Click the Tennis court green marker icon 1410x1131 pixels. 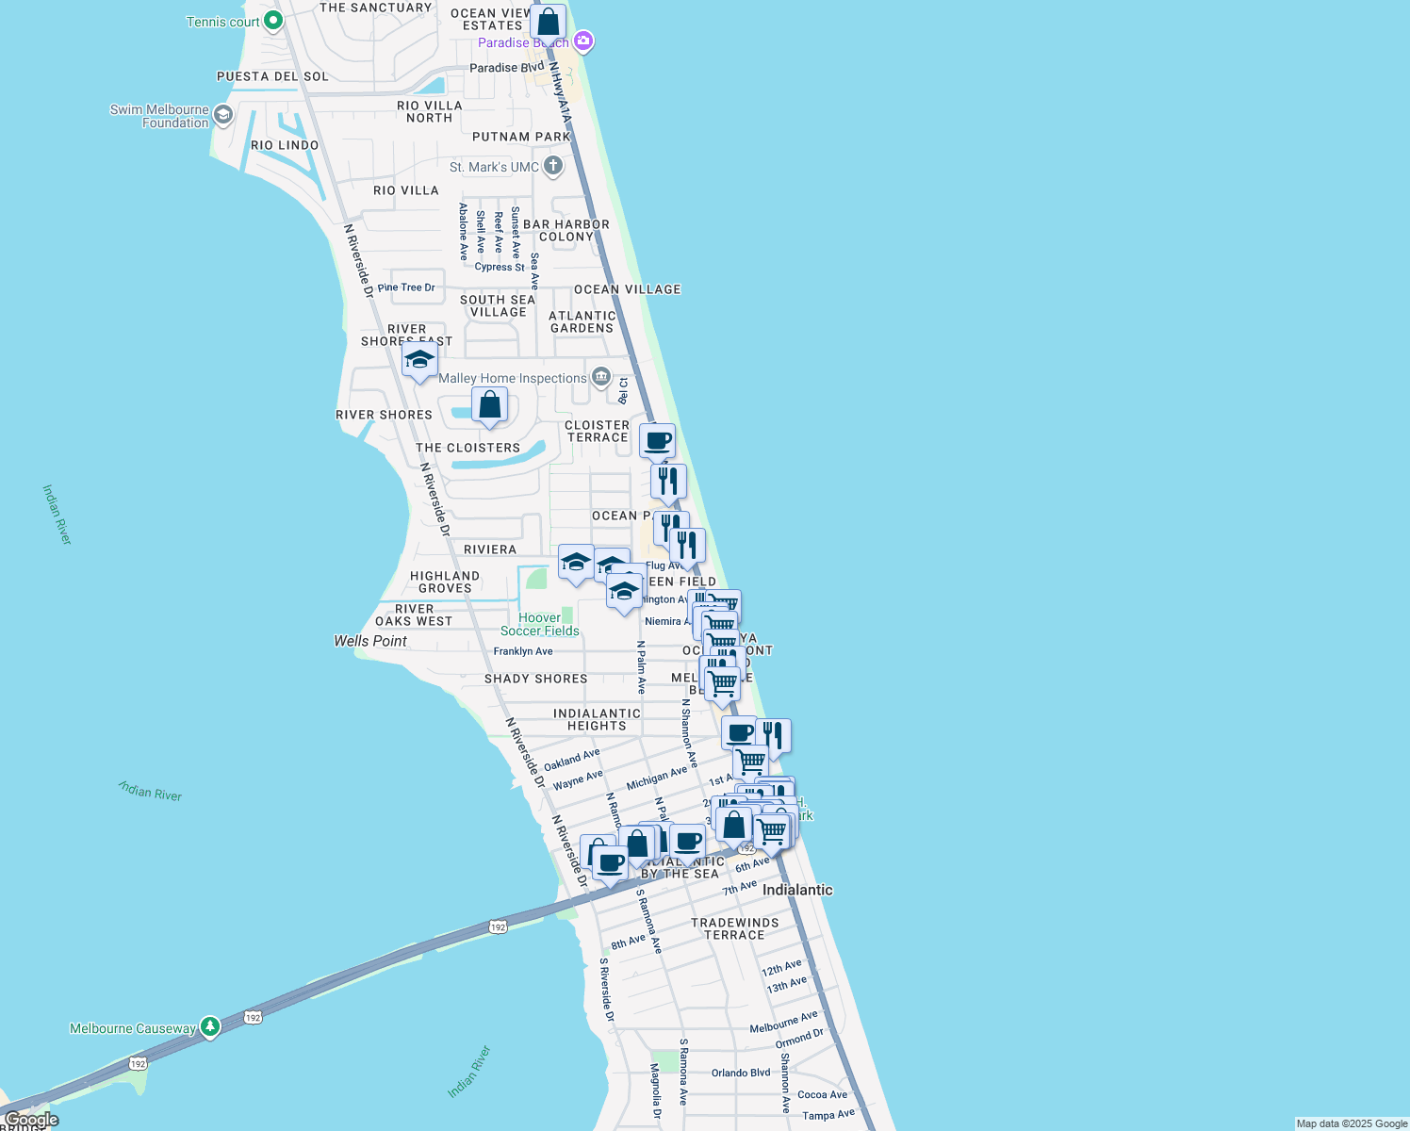pyautogui.click(x=272, y=20)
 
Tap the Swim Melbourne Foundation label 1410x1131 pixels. pyautogui.click(x=159, y=116)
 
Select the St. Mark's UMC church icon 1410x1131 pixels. pyautogui.click(x=553, y=167)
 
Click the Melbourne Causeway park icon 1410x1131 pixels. pyautogui.click(x=211, y=1027)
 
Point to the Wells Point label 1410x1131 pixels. pyautogui.click(x=370, y=641)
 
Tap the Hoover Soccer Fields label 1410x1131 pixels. pyautogui.click(x=540, y=625)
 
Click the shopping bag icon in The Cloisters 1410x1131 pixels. pyautogui.click(x=489, y=406)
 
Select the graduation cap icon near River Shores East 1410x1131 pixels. pyautogui.click(x=419, y=360)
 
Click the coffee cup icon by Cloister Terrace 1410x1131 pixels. pyautogui.click(x=657, y=440)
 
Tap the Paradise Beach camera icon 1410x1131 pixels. pyautogui.click(x=583, y=41)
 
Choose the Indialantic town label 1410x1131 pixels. pyautogui.click(x=797, y=890)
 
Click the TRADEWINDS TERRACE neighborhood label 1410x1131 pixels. pyautogui.click(x=735, y=929)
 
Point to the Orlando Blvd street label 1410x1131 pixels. pyautogui.click(x=741, y=1073)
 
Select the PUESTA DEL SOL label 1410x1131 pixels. pyautogui.click(x=272, y=76)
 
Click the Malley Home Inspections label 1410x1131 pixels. pyautogui.click(x=513, y=378)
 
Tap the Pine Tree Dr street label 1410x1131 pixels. pyautogui.click(x=406, y=287)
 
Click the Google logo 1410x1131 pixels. pyautogui.click(x=31, y=1120)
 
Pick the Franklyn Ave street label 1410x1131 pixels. pyautogui.click(x=523, y=651)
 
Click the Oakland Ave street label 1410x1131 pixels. pyautogui.click(x=571, y=760)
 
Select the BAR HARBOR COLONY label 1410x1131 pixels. pyautogui.click(x=566, y=231)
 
